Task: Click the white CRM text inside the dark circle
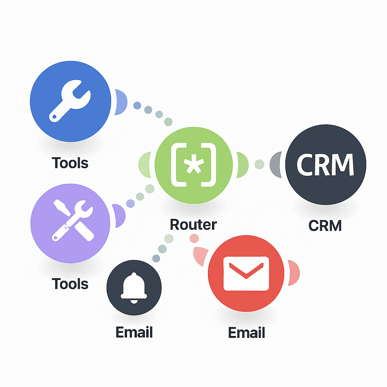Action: (325, 165)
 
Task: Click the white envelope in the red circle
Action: (246, 273)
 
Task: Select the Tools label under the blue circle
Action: (70, 163)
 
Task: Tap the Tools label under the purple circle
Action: (70, 283)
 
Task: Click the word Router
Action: (193, 224)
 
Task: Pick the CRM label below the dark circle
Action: (325, 226)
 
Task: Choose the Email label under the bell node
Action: (134, 332)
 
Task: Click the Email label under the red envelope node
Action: (246, 333)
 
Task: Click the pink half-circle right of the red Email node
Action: (294, 272)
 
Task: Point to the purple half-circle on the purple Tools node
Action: (119, 216)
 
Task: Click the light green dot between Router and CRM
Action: (260, 164)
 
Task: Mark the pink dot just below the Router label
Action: (194, 238)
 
